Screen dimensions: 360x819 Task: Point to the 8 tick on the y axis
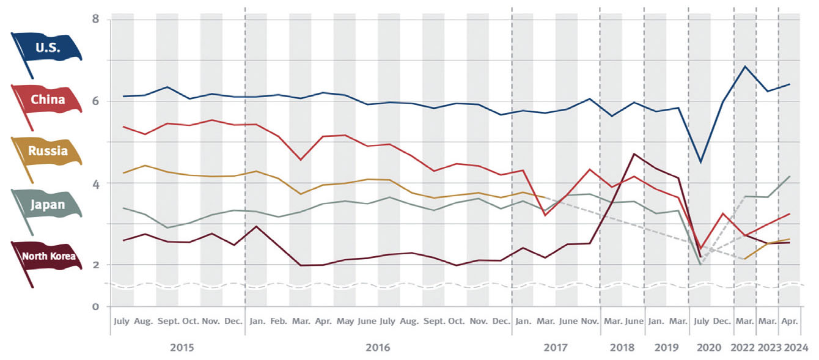95,19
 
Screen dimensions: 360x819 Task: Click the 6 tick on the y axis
95,101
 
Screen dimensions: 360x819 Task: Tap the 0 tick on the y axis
95,306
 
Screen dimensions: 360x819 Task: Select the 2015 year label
182,348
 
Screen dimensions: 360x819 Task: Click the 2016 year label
378,348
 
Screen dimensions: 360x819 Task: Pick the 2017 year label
555,348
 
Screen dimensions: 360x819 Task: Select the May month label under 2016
345,321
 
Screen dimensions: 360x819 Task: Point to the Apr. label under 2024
790,321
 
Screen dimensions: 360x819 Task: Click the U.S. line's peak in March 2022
744,66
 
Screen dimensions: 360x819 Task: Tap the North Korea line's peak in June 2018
634,153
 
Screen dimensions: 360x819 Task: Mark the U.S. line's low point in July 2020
700,162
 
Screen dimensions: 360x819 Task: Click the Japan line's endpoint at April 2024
790,177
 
